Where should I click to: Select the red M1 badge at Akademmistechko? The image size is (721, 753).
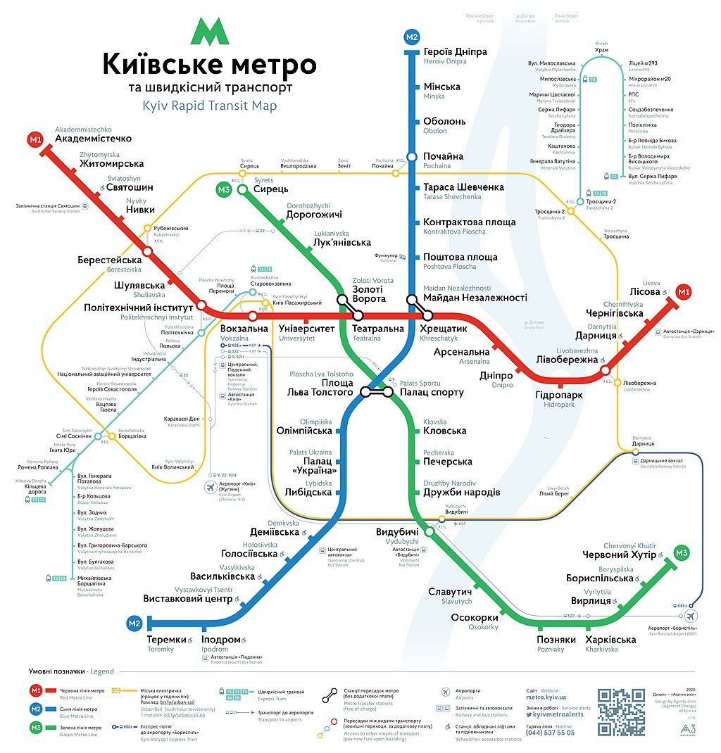click(36, 139)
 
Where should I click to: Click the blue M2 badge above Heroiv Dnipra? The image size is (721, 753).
click(412, 37)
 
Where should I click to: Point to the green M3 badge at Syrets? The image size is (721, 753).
click(224, 189)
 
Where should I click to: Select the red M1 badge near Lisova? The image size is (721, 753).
click(682, 291)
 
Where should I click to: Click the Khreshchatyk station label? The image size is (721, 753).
click(443, 329)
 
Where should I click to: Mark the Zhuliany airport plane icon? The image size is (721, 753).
click(210, 487)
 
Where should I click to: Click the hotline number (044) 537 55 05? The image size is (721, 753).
click(550, 733)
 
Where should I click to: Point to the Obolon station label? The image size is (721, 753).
click(444, 121)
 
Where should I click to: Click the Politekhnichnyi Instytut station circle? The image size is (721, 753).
click(202, 306)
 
